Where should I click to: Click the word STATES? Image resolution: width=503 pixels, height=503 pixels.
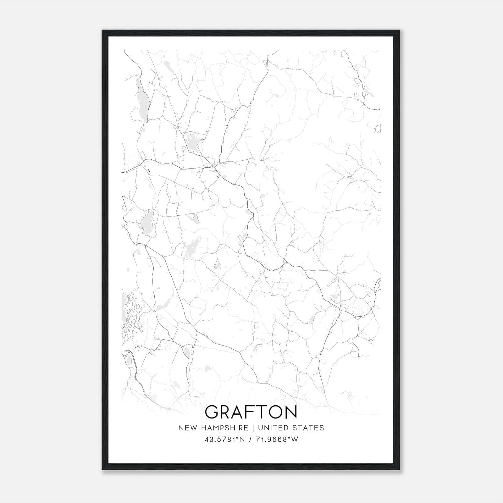(x=308, y=428)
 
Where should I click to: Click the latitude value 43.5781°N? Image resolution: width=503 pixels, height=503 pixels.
(x=224, y=439)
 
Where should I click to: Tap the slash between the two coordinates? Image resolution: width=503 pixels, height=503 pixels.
(x=250, y=439)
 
